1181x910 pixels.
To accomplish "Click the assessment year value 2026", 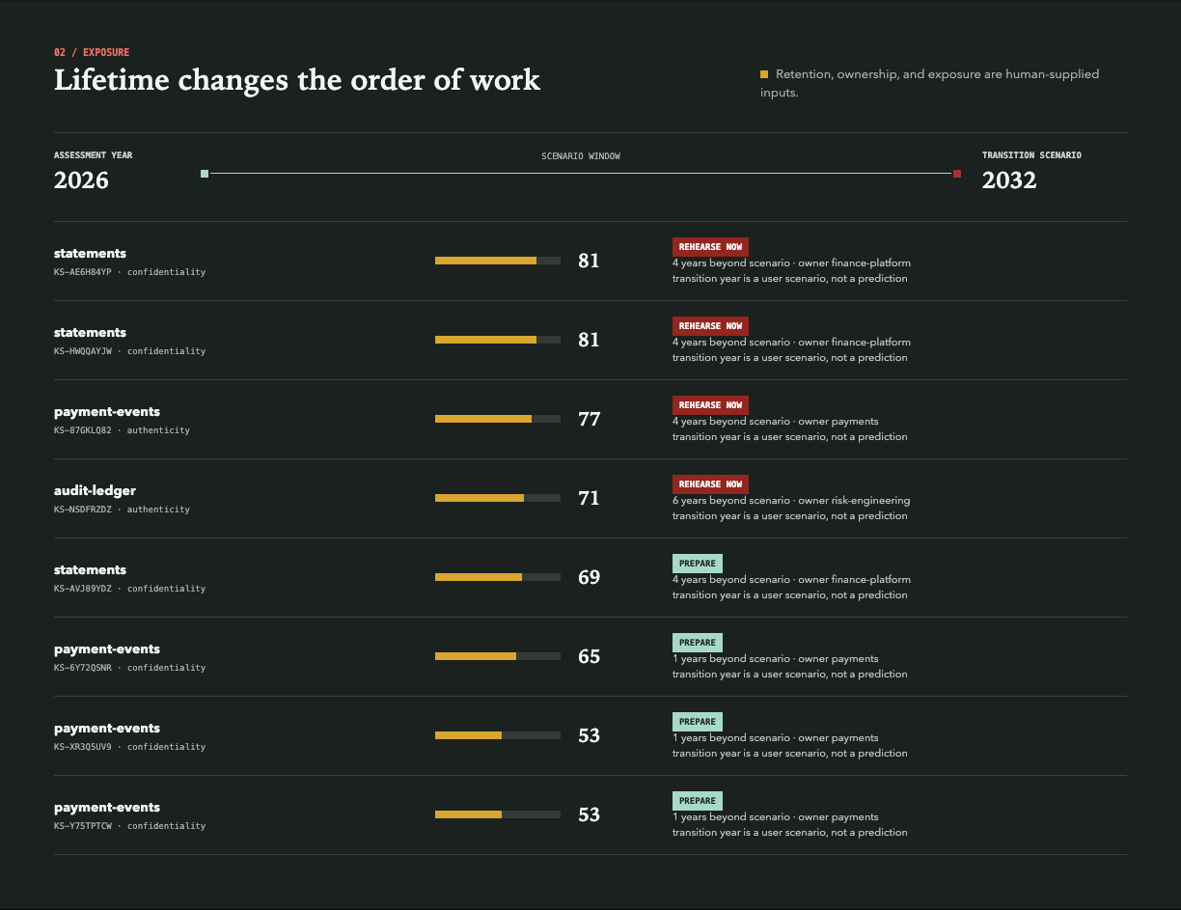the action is click(x=81, y=180).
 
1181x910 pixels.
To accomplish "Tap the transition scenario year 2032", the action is click(x=1008, y=180).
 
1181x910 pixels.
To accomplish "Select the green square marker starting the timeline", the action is click(x=205, y=174).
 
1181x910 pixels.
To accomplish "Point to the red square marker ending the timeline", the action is click(x=957, y=174).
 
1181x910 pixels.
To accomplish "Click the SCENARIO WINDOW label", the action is click(x=581, y=156).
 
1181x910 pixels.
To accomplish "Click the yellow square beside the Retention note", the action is click(x=764, y=74).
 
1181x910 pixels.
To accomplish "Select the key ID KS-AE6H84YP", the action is click(x=83, y=272).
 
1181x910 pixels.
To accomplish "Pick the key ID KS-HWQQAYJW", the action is click(x=83, y=351).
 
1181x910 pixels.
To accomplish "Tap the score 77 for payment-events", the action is click(x=590, y=419).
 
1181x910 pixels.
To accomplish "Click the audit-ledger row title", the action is click(x=95, y=491).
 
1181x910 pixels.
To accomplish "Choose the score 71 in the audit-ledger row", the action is click(x=590, y=498).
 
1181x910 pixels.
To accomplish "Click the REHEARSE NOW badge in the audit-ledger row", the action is click(x=710, y=484).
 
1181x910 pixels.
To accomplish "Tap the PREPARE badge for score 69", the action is click(x=698, y=564).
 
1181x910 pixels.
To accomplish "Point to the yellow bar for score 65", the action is click(x=476, y=656).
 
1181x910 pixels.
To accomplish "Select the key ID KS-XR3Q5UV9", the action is click(x=83, y=747).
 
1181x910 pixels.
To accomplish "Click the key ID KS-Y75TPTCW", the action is click(x=83, y=826).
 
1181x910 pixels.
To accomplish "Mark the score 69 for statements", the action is click(x=590, y=577).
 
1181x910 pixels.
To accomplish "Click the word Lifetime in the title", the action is click(x=112, y=80).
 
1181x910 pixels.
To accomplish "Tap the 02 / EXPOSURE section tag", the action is click(x=92, y=53).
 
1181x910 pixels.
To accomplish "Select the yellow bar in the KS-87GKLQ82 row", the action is click(x=483, y=419).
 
